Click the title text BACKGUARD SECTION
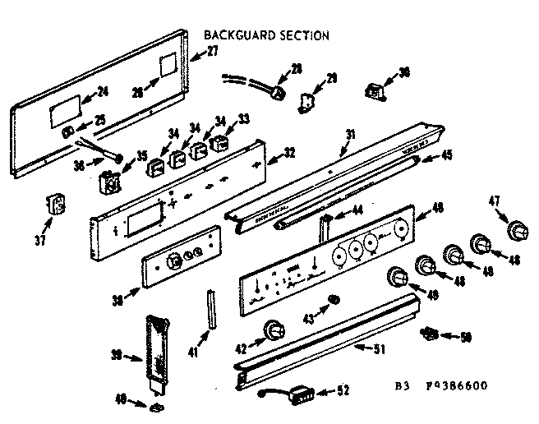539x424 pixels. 265,35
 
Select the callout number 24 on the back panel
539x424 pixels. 103,90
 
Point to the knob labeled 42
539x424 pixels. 269,332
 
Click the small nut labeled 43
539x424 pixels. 334,297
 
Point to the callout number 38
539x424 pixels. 117,302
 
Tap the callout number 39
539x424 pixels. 117,355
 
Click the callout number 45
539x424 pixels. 446,154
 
